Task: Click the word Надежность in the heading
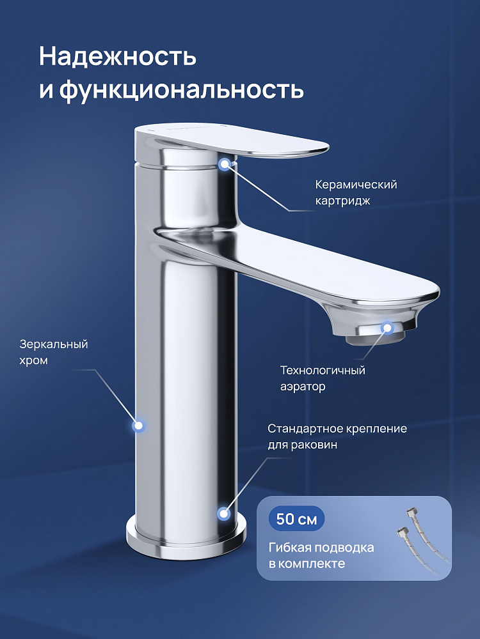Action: [118, 56]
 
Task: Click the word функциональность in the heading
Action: [182, 89]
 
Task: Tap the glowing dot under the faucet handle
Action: [225, 164]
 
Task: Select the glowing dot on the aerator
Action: [387, 328]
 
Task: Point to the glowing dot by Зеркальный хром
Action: [139, 426]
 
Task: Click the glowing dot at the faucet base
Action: [223, 514]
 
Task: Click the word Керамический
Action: [356, 185]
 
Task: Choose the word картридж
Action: [342, 201]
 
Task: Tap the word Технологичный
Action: [323, 371]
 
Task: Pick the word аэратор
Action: [303, 387]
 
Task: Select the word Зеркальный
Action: [54, 344]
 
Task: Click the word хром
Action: [33, 360]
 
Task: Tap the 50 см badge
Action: [296, 519]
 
